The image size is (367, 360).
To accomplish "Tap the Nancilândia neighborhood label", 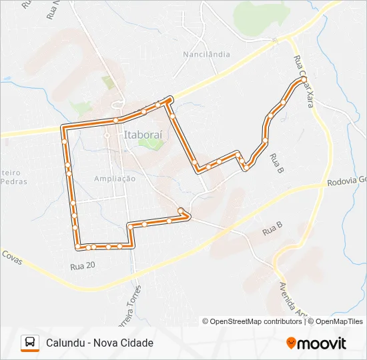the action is pyautogui.click(x=207, y=54).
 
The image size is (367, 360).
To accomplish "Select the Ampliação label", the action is pyautogui.click(x=115, y=178).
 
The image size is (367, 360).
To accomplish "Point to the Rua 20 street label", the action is pyautogui.click(x=83, y=265).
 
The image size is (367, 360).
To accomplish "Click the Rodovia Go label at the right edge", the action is pyautogui.click(x=348, y=181).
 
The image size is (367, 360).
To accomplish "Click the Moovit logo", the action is pyautogui.click(x=316, y=343).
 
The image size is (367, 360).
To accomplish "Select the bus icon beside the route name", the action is pyautogui.click(x=30, y=343).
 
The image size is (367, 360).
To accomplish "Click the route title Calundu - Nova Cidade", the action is pyautogui.click(x=99, y=343).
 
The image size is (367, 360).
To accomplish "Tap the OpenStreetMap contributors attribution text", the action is pyautogui.click(x=253, y=321).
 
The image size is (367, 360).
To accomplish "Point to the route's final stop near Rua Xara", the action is pyautogui.click(x=304, y=79).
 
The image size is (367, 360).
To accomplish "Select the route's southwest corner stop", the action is pyautogui.click(x=78, y=247).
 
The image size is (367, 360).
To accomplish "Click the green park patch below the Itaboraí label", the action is pyautogui.click(x=155, y=144).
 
